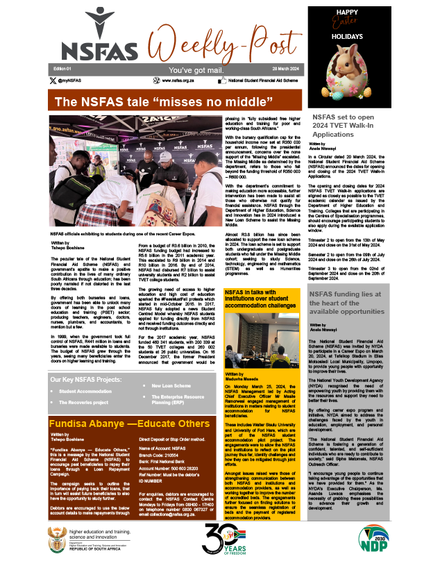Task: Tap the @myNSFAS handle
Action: [72, 81]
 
